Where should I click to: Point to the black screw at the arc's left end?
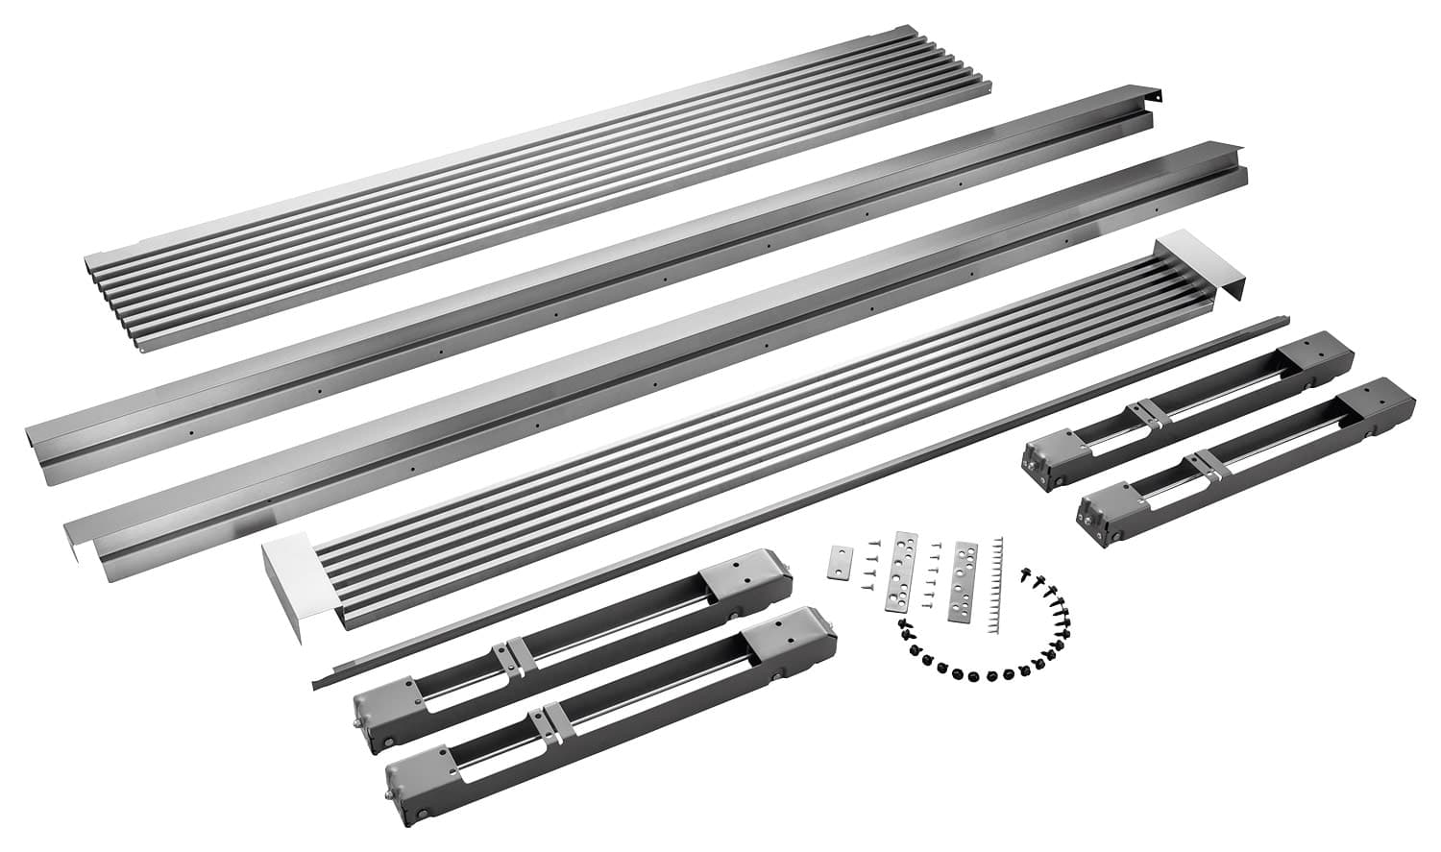point(903,625)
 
